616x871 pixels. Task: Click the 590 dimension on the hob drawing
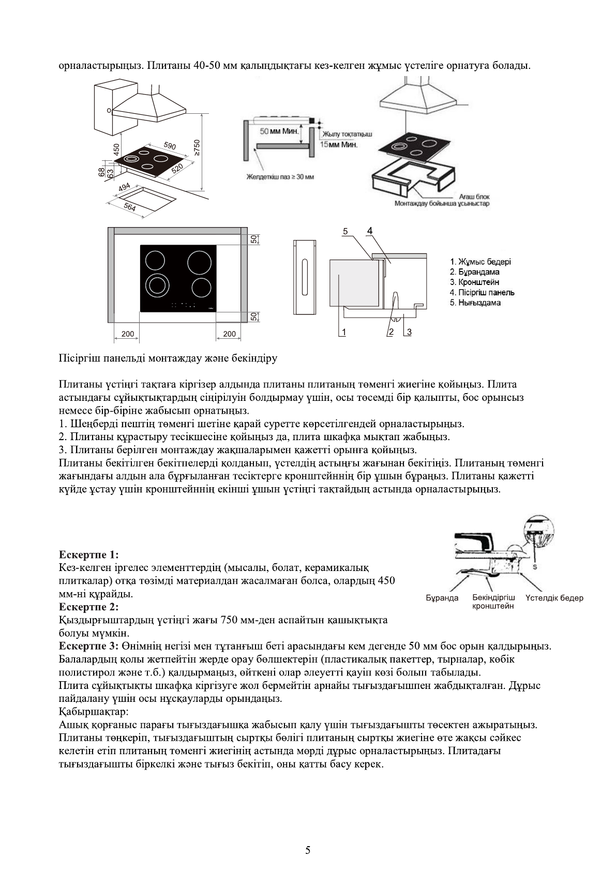coord(170,145)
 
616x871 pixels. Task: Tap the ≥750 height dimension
coord(196,147)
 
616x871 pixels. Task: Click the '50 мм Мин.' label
coord(279,131)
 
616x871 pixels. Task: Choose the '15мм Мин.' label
coord(339,145)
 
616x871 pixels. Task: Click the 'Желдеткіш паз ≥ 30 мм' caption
coord(280,177)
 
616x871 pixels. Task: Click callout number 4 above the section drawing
coord(370,231)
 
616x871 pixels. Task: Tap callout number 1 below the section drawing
coord(342,332)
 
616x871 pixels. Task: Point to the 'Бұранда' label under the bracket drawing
coord(442,598)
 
